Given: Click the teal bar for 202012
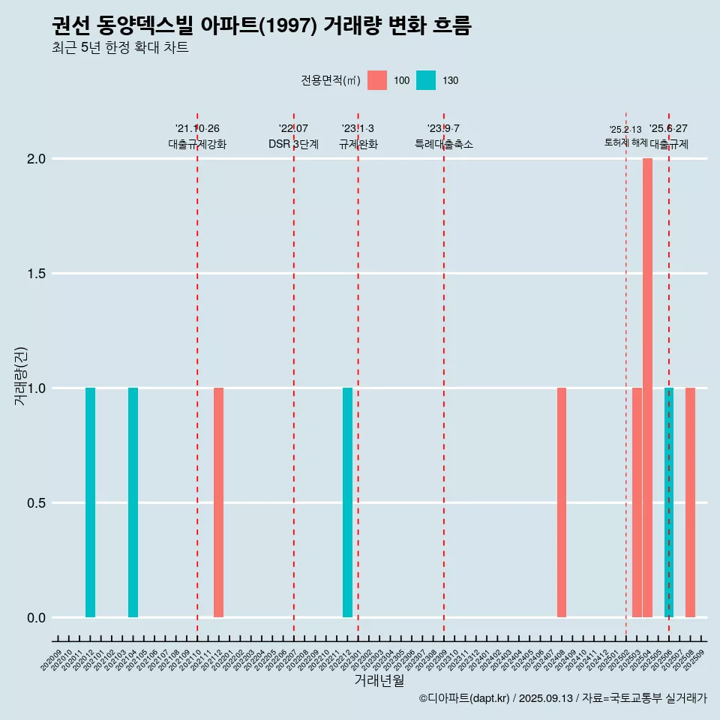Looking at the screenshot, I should tap(90, 502).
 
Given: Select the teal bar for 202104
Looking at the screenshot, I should tap(133, 502).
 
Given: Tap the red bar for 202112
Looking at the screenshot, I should tap(218, 502).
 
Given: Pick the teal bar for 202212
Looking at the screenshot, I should tap(347, 502).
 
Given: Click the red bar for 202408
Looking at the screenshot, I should tap(562, 502).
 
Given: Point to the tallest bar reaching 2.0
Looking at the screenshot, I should tap(647, 388).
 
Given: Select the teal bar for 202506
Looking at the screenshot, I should tap(669, 502).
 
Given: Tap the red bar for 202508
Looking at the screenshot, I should tap(690, 502).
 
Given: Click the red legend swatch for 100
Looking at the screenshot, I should tap(377, 80).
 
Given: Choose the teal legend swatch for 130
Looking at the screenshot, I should tap(426, 80).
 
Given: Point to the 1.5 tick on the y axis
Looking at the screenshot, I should tap(35, 274).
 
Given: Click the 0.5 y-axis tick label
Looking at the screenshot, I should tap(35, 503).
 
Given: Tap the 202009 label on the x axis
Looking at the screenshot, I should tap(52, 662).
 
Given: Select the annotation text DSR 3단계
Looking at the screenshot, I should tap(293, 144).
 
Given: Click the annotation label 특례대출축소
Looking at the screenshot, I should tap(444, 144).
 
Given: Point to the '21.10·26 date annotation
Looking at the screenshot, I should tap(197, 129).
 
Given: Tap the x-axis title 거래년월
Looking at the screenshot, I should tap(379, 681).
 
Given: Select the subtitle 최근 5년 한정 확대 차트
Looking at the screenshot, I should tap(120, 48).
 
